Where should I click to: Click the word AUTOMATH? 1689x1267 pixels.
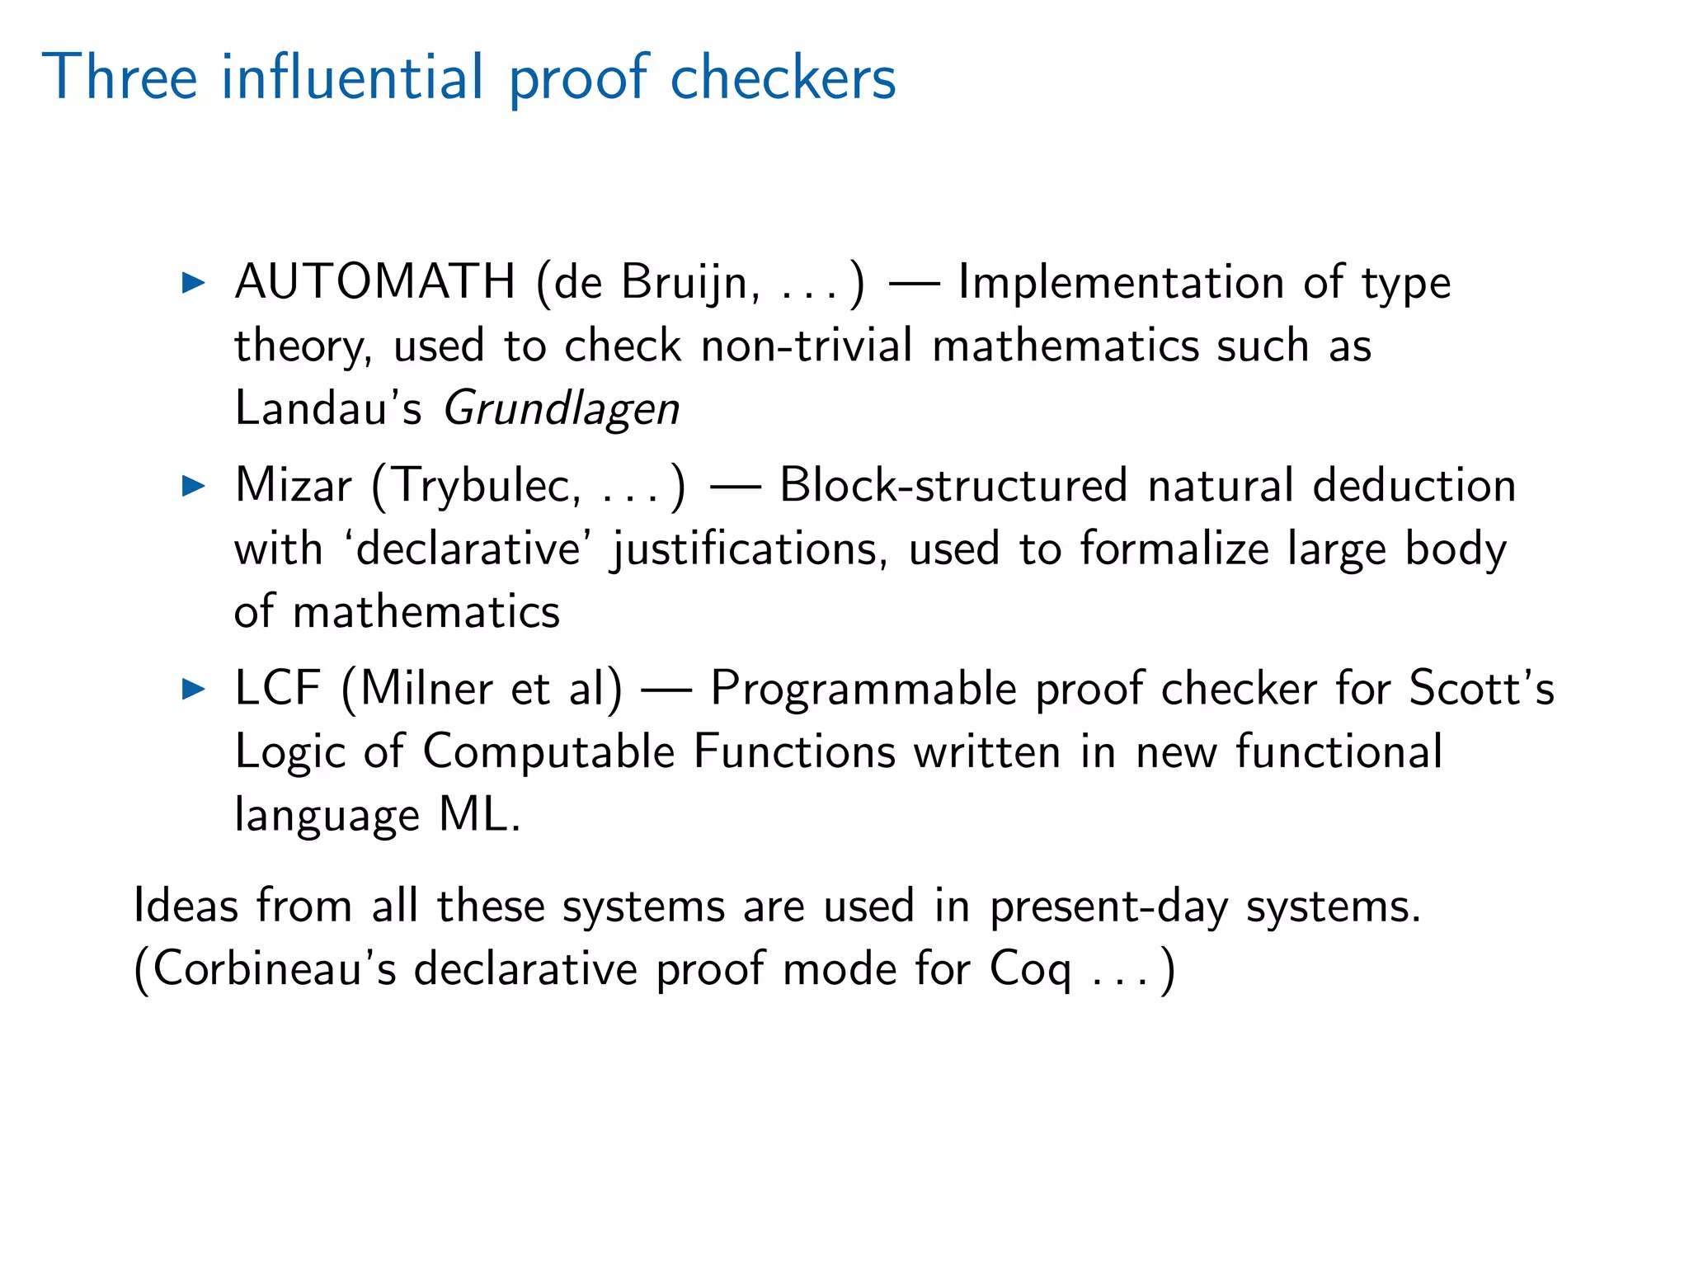click(375, 282)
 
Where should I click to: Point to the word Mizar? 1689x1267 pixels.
click(294, 485)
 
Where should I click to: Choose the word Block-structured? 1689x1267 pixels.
click(953, 485)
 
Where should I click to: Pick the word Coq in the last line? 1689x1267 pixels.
click(1030, 970)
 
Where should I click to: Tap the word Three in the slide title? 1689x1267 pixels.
click(120, 78)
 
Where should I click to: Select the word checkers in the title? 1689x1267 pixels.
click(783, 78)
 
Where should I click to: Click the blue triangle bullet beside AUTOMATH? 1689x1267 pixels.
click(194, 283)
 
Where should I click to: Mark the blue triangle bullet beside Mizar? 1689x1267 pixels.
click(194, 486)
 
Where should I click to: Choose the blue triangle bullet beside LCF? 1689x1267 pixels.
click(194, 689)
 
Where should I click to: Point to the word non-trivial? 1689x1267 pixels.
click(807, 346)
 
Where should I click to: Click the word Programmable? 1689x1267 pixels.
click(863, 690)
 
